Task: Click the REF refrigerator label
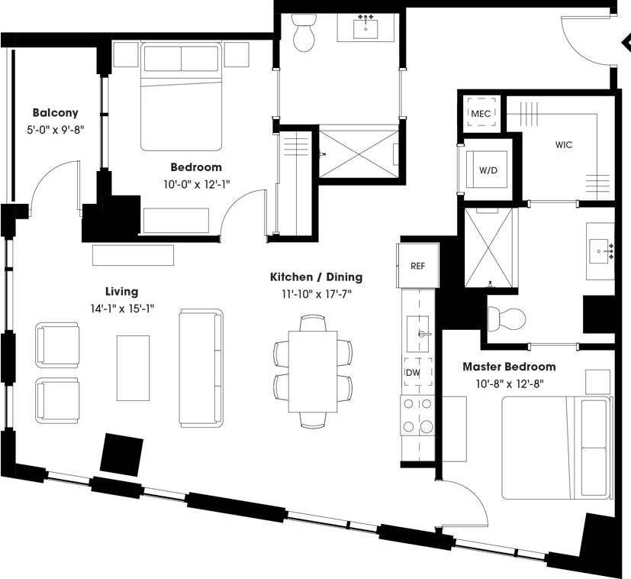click(417, 266)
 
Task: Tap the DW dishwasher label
click(412, 372)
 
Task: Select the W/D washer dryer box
click(487, 170)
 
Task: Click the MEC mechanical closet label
click(481, 114)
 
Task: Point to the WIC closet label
click(564, 144)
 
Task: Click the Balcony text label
click(55, 113)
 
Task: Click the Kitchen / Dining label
click(316, 277)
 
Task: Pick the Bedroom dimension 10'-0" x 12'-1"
click(196, 183)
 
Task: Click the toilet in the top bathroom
click(304, 34)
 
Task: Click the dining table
click(312, 370)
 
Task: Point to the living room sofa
click(201, 367)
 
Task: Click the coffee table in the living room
click(133, 367)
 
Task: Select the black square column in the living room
click(122, 453)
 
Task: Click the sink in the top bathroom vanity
click(366, 29)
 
